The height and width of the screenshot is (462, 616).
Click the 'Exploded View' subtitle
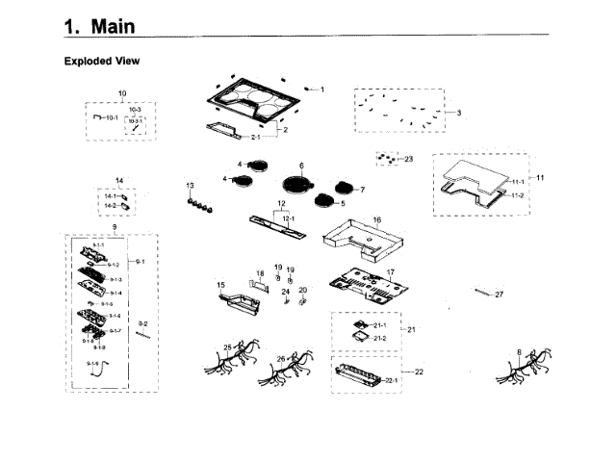102,62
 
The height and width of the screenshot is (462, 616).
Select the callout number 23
408,159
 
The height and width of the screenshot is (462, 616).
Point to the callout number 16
377,220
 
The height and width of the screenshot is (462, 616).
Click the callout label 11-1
517,182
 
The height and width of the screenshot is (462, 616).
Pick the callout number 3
459,113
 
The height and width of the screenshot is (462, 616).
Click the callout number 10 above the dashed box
122,93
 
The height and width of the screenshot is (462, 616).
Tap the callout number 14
119,181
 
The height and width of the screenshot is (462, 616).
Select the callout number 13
190,185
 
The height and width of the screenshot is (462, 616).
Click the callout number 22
419,372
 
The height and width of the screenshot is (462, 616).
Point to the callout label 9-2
143,323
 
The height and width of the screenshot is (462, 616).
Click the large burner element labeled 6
297,185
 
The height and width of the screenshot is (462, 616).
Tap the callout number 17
391,272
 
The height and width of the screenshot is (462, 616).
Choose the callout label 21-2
379,338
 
